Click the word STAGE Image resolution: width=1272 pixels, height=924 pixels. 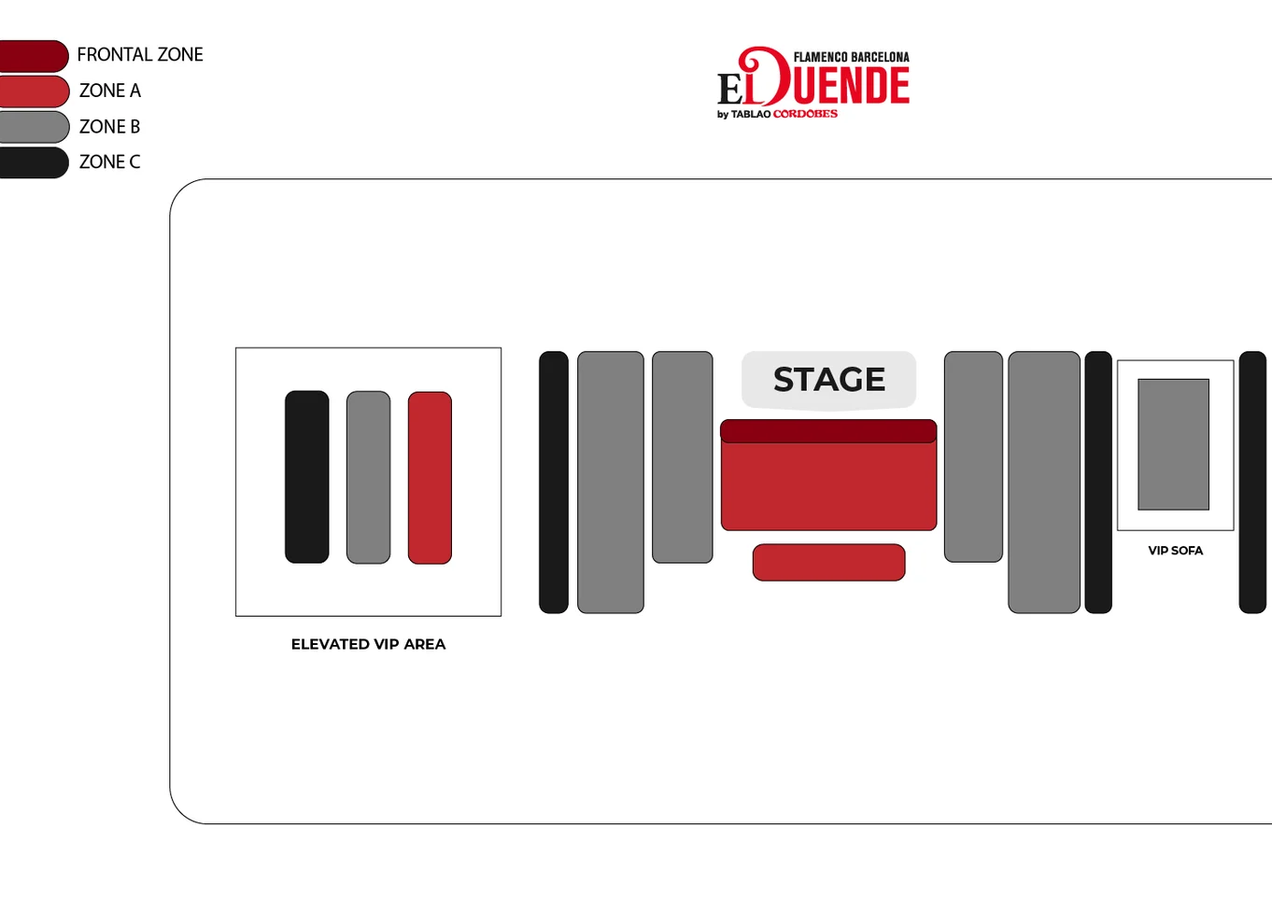tap(828, 379)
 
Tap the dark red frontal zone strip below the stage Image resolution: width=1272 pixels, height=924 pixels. tap(828, 431)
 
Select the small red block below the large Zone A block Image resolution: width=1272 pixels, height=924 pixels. tap(828, 563)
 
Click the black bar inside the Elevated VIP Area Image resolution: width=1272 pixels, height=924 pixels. tap(306, 477)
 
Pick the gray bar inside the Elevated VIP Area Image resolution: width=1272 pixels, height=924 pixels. tap(369, 477)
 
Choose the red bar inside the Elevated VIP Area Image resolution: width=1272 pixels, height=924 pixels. tap(430, 477)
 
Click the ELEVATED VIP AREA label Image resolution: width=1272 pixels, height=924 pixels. tap(369, 644)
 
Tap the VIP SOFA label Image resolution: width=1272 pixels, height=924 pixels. tap(1176, 551)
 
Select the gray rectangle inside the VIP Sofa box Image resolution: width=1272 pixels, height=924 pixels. tap(1173, 444)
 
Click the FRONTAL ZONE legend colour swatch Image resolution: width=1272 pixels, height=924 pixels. tap(33, 56)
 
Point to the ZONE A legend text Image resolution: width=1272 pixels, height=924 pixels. tap(109, 91)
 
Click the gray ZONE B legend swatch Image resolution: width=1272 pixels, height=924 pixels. tap(34, 127)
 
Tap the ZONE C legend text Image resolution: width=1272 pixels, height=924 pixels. tap(109, 161)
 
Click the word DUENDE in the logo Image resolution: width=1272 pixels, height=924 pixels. tap(835, 84)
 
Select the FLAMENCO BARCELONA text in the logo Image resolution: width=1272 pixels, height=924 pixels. tap(851, 57)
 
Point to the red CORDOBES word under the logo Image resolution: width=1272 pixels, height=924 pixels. tap(805, 114)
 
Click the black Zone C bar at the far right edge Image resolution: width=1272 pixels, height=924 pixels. tap(1252, 482)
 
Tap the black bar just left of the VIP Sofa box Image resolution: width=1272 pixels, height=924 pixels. tap(1098, 482)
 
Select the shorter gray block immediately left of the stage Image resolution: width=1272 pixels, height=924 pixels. tap(682, 457)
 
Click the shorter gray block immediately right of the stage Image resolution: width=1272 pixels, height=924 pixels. tap(973, 457)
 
